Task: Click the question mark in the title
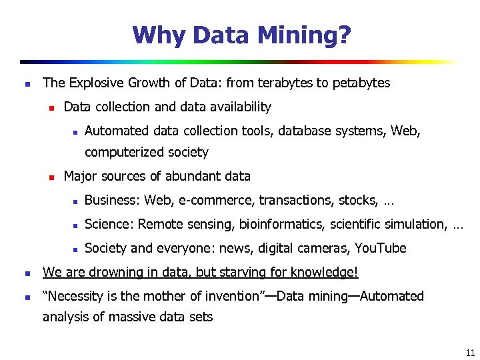343,35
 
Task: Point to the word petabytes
361,83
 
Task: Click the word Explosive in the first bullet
94,83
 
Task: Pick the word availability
241,107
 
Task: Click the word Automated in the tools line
117,131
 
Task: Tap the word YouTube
380,248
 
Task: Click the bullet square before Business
76,201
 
